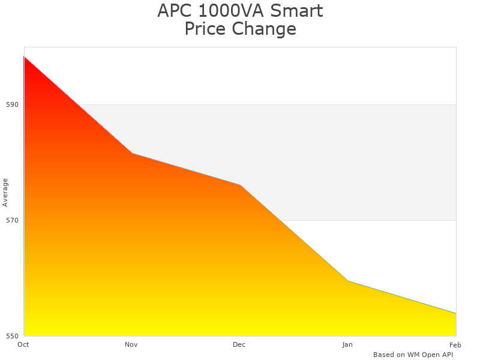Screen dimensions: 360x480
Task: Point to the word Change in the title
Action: [266, 29]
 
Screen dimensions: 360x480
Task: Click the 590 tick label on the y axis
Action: [12, 104]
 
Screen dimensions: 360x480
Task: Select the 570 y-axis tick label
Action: [12, 220]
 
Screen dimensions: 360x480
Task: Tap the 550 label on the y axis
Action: [12, 336]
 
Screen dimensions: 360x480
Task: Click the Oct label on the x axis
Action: [23, 344]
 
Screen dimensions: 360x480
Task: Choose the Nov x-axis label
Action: [131, 344]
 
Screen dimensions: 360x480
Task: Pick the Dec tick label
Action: [239, 344]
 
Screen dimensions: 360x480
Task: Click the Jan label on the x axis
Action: [347, 344]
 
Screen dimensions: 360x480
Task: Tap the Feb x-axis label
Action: [455, 344]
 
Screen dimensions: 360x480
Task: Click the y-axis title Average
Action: [5, 192]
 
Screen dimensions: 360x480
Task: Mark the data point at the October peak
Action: [24, 57]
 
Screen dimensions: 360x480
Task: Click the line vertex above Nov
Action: [132, 154]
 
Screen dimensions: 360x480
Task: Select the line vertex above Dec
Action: [240, 185]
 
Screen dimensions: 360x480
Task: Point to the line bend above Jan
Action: [348, 281]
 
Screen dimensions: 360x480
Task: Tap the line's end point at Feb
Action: [455, 313]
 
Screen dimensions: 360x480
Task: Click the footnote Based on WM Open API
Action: [413, 355]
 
